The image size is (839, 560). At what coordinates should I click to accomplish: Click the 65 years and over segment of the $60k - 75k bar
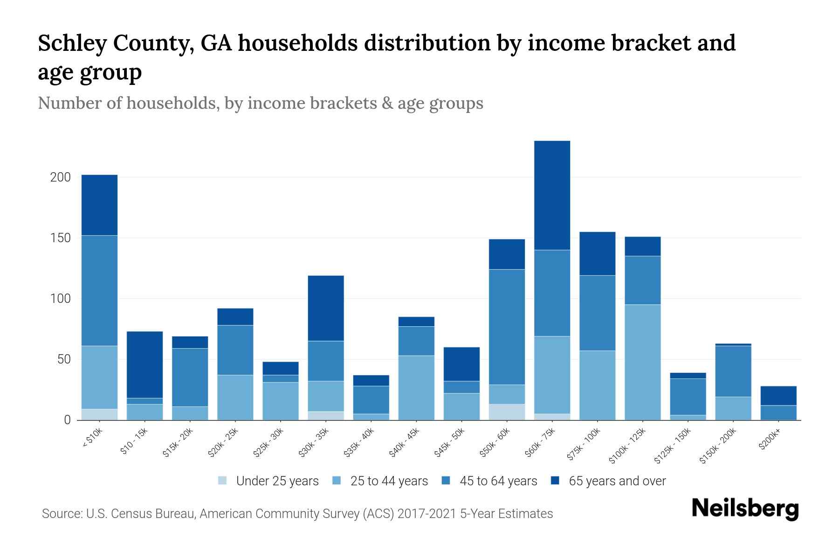click(x=552, y=195)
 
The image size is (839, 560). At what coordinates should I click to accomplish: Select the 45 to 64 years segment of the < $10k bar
click(x=99, y=290)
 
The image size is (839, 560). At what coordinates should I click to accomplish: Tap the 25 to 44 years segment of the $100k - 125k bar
click(x=643, y=362)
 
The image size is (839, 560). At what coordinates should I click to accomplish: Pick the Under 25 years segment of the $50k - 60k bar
click(x=507, y=412)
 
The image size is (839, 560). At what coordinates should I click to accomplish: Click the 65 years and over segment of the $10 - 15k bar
click(x=144, y=364)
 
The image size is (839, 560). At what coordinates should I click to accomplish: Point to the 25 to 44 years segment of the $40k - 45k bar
click(x=416, y=388)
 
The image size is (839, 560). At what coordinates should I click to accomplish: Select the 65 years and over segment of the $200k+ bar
click(x=778, y=396)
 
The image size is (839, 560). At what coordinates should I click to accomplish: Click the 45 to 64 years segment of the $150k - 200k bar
click(x=733, y=371)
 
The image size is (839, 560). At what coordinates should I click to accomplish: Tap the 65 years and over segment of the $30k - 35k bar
click(x=326, y=308)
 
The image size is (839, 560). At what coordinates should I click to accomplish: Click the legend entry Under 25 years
click(x=277, y=481)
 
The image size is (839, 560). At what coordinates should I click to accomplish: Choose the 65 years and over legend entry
click(x=617, y=481)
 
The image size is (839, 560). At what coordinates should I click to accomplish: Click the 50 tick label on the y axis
click(x=63, y=359)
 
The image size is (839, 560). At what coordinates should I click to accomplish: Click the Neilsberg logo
click(x=745, y=509)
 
